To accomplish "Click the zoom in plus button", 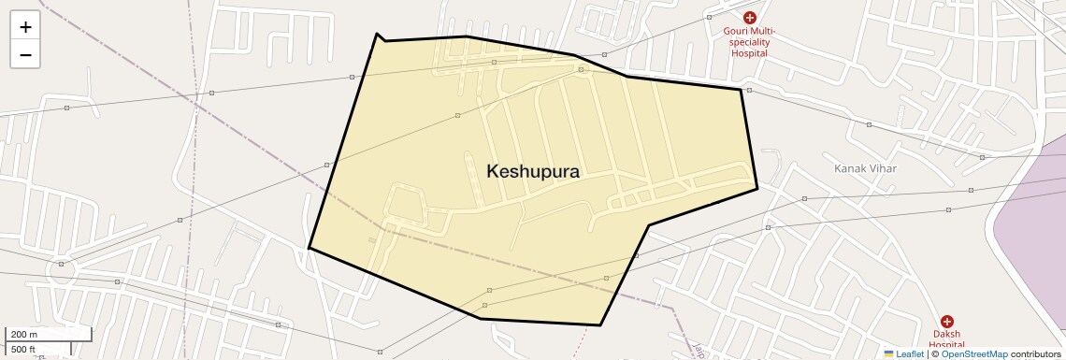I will coord(25,27).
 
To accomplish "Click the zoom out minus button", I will coord(25,55).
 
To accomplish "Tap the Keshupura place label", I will coord(533,172).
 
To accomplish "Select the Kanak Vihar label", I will coord(865,168).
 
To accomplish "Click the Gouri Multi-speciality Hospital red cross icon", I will coord(749,18).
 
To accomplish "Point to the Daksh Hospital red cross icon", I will coord(946,322).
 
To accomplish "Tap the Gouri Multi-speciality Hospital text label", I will coord(749,42).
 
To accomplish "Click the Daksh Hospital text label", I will coord(946,339).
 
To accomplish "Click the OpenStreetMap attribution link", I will coord(973,354).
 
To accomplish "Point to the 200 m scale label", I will coord(24,335).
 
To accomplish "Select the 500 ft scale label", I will coord(24,350).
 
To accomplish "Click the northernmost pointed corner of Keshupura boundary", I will coord(377,34).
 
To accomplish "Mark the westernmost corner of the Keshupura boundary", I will coord(310,248).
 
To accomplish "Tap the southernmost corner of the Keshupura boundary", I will coord(599,325).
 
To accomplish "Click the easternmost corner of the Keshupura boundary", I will coord(756,189).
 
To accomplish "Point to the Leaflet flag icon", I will coord(889,354).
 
